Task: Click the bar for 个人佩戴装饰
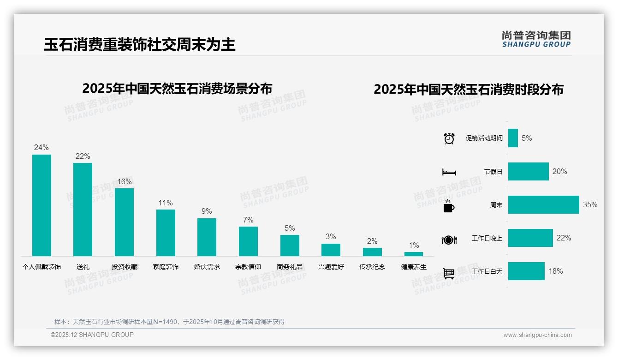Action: click(x=42, y=205)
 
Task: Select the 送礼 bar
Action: click(x=83, y=210)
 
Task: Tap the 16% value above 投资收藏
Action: click(x=124, y=181)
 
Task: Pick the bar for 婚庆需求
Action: click(x=207, y=237)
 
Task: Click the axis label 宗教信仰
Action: click(x=248, y=267)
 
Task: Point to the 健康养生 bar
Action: click(x=413, y=254)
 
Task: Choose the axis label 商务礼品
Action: click(x=290, y=267)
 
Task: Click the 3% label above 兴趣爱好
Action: click(x=331, y=236)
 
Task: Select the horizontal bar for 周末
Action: click(x=543, y=204)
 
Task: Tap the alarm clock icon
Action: click(x=449, y=138)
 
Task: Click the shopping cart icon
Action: click(x=449, y=273)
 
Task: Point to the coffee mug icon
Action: click(x=449, y=206)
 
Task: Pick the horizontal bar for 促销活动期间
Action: click(x=513, y=138)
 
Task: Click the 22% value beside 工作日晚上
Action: click(x=564, y=238)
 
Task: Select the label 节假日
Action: click(x=493, y=171)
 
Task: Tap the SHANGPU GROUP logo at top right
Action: click(x=536, y=39)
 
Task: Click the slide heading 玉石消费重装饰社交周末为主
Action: click(x=140, y=44)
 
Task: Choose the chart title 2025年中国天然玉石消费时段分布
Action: click(x=469, y=89)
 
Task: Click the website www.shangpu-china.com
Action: click(x=537, y=335)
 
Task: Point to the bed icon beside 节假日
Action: click(x=449, y=172)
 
